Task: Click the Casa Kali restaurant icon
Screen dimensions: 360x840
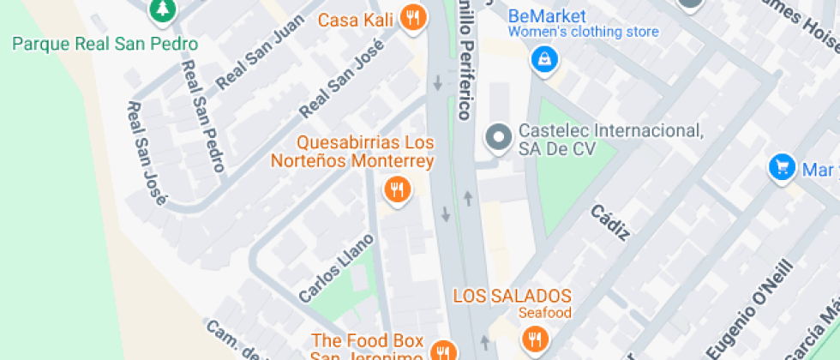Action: point(413,17)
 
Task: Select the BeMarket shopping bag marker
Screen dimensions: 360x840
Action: point(543,60)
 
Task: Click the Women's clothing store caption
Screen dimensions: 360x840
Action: point(583,33)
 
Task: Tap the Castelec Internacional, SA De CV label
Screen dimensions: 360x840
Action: point(610,140)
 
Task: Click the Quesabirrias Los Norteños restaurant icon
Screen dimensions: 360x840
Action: point(396,189)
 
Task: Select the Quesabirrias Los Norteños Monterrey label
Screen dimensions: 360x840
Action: point(352,152)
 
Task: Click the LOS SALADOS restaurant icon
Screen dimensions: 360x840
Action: point(536,338)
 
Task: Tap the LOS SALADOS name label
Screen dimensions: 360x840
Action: point(512,296)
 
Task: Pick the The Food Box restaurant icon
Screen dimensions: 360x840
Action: point(442,351)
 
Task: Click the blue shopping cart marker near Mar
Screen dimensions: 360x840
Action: point(781,167)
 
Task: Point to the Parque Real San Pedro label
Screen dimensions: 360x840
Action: point(105,45)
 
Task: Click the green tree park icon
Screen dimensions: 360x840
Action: point(159,9)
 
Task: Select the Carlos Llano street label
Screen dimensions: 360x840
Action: point(336,267)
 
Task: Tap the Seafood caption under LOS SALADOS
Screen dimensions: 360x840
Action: point(544,312)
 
